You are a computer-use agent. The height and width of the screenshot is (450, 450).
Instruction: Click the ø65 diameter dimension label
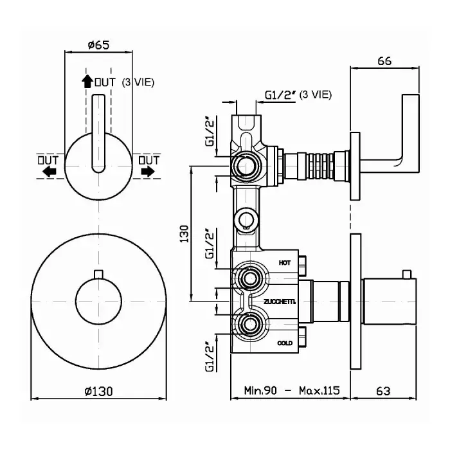click(x=98, y=45)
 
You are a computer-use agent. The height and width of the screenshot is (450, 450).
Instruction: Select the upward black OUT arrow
click(x=87, y=82)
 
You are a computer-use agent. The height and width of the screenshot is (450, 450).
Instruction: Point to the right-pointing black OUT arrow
click(x=148, y=171)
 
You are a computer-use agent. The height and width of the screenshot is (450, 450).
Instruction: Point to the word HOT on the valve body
click(x=285, y=263)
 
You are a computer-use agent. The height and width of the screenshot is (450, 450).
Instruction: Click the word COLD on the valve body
click(x=285, y=343)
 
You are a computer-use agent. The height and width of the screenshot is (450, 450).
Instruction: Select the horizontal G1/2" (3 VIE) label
click(x=298, y=95)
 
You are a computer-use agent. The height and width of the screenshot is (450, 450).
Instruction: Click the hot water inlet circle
click(x=249, y=278)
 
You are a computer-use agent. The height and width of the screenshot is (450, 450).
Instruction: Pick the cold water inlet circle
click(x=249, y=323)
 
